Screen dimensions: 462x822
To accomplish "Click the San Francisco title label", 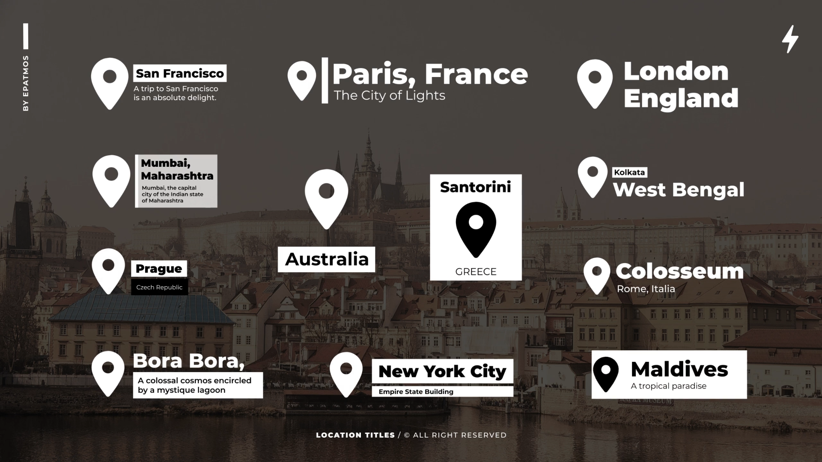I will pyautogui.click(x=180, y=74).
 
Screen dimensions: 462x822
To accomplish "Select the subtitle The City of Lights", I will pyautogui.click(x=389, y=95).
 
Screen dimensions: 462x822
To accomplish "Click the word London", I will pyautogui.click(x=676, y=71).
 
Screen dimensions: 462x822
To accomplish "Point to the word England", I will pyautogui.click(x=681, y=98).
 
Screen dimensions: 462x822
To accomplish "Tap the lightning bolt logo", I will pyautogui.click(x=790, y=39).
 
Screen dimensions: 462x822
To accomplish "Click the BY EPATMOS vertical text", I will pyautogui.click(x=26, y=83).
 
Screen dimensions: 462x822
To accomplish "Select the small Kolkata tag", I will pyautogui.click(x=629, y=172).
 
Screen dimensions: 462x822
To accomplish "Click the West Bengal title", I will pyautogui.click(x=679, y=190).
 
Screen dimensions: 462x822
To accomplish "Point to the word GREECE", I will pyautogui.click(x=476, y=272).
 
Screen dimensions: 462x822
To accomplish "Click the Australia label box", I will pyautogui.click(x=327, y=259).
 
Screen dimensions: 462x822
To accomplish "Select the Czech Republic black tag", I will pyautogui.click(x=159, y=287).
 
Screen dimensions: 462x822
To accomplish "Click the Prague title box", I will pyautogui.click(x=159, y=269).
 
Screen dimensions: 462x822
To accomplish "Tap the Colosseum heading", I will pyautogui.click(x=680, y=271).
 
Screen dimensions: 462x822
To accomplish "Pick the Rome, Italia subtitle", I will pyautogui.click(x=646, y=289).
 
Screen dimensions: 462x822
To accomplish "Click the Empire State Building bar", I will pyautogui.click(x=442, y=391).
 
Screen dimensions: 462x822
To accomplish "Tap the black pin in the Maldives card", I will pyautogui.click(x=606, y=373).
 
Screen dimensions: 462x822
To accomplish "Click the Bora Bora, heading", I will pyautogui.click(x=188, y=361).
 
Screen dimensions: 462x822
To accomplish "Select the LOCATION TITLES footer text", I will pyautogui.click(x=355, y=435).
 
